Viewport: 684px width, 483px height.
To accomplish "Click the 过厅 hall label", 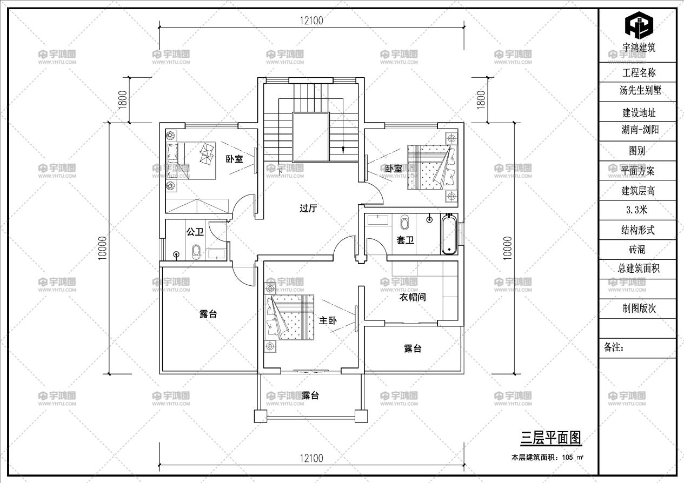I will (x=308, y=208).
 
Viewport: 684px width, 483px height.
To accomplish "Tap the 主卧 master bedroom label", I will (x=328, y=320).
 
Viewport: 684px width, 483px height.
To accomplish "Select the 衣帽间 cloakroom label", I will (x=413, y=297).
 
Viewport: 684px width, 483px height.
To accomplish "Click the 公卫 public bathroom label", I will (x=195, y=232).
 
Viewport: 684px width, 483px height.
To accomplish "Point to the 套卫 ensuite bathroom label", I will (x=405, y=240).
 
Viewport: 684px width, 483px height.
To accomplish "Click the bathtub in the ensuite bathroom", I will (x=448, y=234).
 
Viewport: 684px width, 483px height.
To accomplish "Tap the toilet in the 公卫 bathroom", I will (x=196, y=252).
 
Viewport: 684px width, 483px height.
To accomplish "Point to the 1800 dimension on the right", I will (x=481, y=99).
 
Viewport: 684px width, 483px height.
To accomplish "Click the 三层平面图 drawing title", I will (x=550, y=438).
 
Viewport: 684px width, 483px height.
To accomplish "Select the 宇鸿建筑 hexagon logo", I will (x=639, y=24).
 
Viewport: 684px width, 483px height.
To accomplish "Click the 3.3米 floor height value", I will (x=637, y=210).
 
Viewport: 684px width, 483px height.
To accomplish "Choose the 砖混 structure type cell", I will (x=637, y=250).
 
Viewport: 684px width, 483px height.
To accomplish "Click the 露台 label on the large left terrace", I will (x=208, y=314).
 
